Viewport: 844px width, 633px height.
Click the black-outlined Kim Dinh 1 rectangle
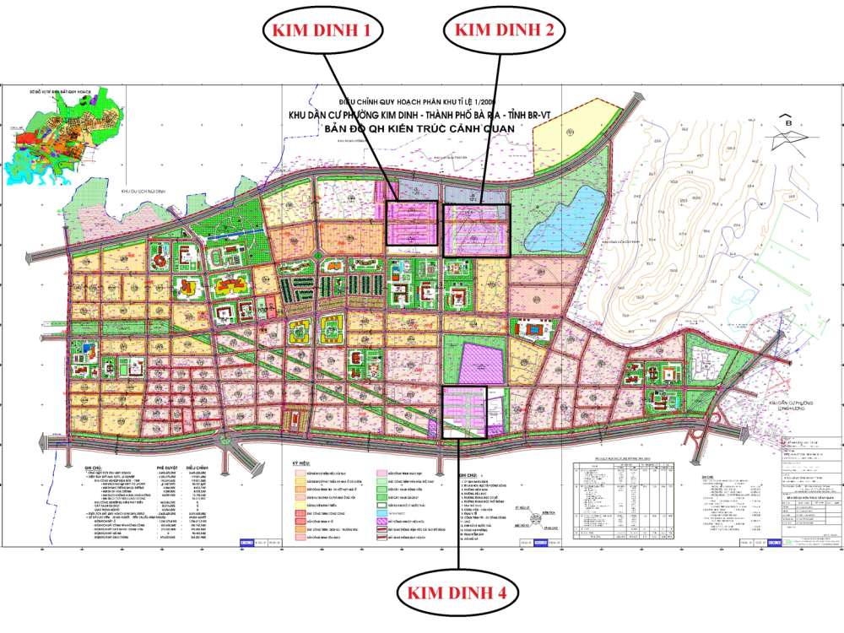tap(412, 224)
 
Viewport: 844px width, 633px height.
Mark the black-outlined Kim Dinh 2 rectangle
tap(478, 229)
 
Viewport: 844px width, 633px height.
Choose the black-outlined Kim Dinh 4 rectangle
tap(465, 412)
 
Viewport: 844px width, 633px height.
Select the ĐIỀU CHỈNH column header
tap(197, 465)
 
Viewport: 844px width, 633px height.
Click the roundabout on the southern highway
tap(225, 441)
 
